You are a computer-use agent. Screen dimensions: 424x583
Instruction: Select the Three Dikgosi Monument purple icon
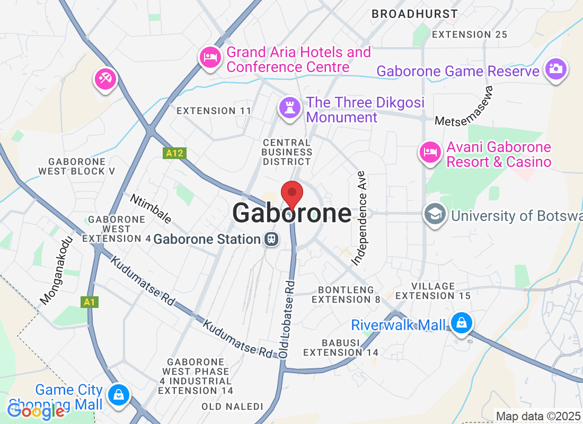pos(289,107)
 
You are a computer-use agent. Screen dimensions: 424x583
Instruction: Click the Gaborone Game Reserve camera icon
pos(555,69)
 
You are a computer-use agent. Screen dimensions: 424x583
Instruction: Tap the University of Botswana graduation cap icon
pos(435,215)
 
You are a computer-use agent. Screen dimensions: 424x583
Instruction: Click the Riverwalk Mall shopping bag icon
pos(461,322)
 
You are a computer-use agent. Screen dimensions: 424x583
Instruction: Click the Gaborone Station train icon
pos(271,239)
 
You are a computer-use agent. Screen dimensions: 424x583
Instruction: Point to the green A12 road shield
pos(174,153)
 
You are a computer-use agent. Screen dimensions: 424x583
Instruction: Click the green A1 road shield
pos(89,302)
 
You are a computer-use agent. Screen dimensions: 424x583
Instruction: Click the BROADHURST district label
pos(414,14)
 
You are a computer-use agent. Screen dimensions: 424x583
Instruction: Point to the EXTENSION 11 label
pos(214,111)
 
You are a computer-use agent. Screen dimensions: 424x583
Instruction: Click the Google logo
pos(36,411)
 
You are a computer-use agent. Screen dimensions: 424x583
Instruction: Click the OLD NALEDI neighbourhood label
pos(232,407)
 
